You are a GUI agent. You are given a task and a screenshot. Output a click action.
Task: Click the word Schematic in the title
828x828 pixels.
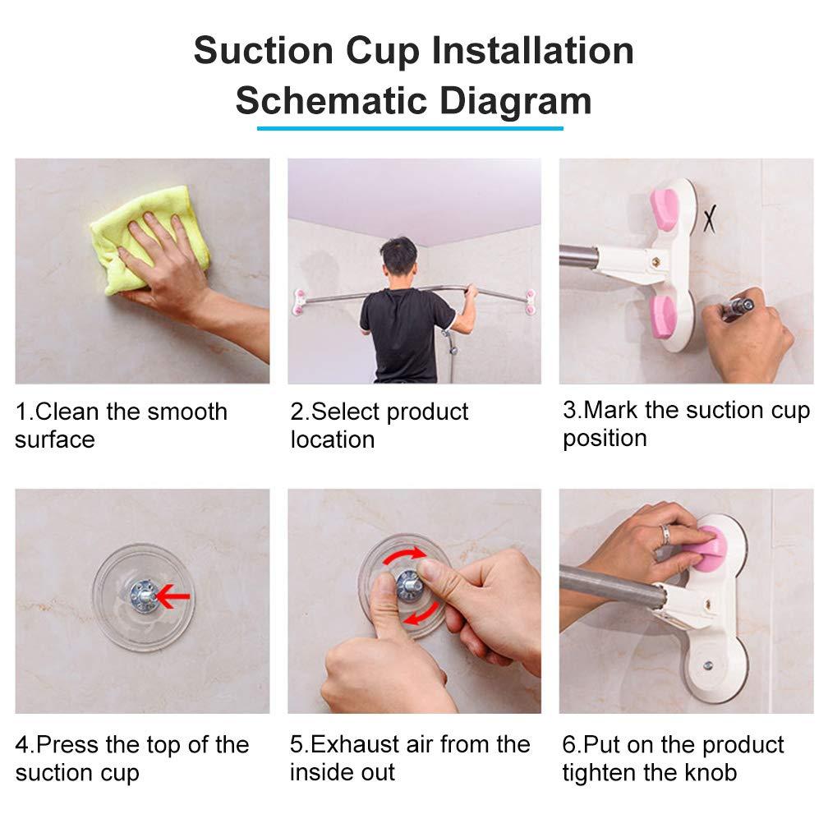(x=331, y=100)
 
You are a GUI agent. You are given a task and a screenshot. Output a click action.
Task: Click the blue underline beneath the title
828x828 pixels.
(x=410, y=128)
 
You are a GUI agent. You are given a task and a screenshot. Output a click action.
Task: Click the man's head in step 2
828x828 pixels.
(x=400, y=260)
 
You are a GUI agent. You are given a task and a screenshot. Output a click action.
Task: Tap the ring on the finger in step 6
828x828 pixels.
(x=665, y=534)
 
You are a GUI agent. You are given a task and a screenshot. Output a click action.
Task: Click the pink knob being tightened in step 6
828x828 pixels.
(x=705, y=545)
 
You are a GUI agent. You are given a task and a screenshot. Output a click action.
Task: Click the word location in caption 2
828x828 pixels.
(x=332, y=439)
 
